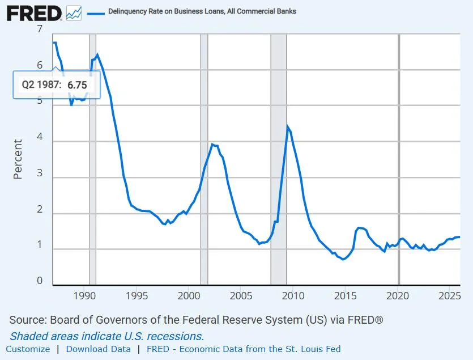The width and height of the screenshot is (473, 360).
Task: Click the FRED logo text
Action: [x=34, y=14]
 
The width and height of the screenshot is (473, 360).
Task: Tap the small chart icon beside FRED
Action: [x=74, y=13]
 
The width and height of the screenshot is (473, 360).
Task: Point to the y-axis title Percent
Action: [x=18, y=159]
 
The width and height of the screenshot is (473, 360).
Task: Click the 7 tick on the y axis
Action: [x=40, y=29]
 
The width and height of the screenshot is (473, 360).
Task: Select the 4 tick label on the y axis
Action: [x=40, y=137]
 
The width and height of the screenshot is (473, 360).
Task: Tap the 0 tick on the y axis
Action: [x=40, y=281]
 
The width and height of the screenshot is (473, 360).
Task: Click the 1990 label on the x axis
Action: [x=84, y=296]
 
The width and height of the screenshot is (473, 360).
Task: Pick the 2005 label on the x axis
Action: [x=241, y=296]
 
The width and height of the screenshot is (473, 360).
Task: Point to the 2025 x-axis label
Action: [x=449, y=296]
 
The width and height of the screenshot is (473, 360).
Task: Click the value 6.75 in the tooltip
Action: [x=77, y=85]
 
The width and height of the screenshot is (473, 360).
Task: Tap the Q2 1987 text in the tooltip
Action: [x=41, y=84]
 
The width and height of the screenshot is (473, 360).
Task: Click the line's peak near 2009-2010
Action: [x=287, y=127]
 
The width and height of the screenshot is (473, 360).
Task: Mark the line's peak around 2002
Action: [x=212, y=145]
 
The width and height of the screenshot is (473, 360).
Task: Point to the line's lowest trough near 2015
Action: [x=343, y=259]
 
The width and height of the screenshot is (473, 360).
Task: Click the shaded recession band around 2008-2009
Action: [x=279, y=159]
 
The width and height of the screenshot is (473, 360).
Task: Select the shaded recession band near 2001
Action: [x=204, y=159]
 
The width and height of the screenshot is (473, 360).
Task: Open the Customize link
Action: [x=28, y=349]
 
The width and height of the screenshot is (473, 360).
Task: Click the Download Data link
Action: [x=99, y=349]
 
